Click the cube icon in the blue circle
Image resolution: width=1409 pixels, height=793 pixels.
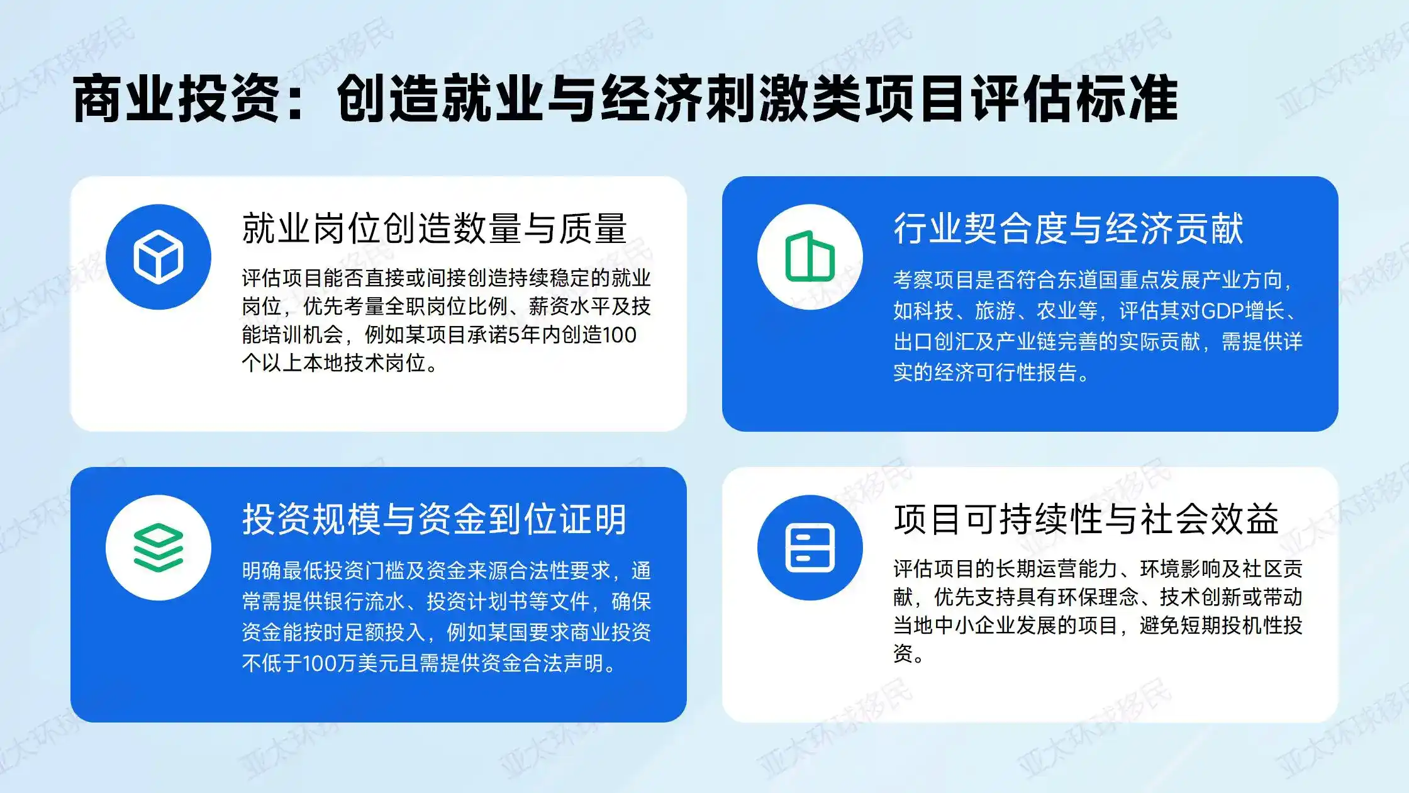click(159, 257)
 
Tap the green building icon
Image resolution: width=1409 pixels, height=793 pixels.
click(810, 257)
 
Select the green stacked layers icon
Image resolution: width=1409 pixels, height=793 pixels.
click(159, 548)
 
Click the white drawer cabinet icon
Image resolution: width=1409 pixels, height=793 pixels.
click(810, 548)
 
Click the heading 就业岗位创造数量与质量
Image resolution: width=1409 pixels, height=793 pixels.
click(434, 228)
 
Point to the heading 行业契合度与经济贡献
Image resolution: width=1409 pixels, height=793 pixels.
click(1068, 228)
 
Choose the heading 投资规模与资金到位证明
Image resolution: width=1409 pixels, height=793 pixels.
click(434, 519)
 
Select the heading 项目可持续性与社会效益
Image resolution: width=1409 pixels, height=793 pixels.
click(1086, 519)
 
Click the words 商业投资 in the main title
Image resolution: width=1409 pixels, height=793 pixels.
click(176, 99)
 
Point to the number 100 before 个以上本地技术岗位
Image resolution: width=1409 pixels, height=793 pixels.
click(620, 335)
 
